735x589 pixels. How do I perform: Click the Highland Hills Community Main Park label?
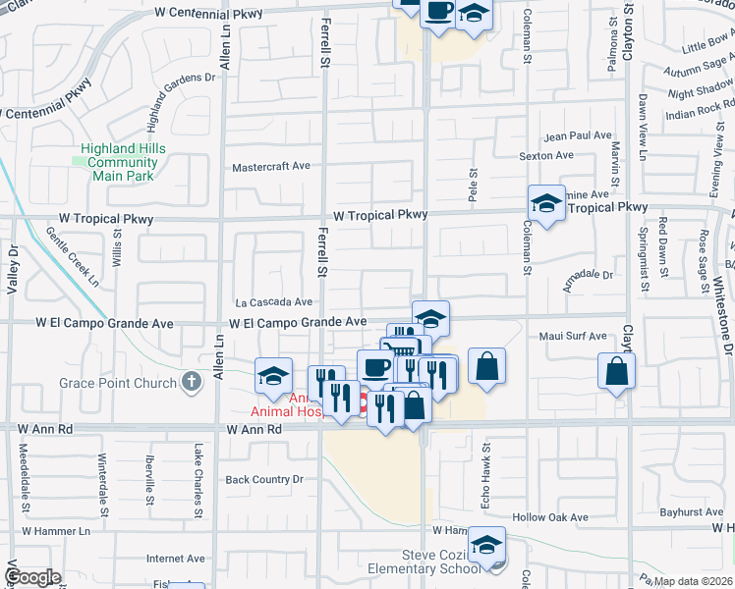point(123,162)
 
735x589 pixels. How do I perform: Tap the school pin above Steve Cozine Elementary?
point(486,544)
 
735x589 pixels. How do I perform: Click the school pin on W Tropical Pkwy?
point(546,203)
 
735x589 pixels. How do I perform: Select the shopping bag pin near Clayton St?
point(616,372)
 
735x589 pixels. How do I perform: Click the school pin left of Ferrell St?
point(273,376)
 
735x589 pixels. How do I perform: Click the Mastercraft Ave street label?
point(271,167)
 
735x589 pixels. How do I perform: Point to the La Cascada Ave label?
point(273,302)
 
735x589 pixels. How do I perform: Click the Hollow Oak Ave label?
point(549,517)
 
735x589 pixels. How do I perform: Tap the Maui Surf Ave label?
point(573,337)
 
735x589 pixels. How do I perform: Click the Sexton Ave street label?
point(546,155)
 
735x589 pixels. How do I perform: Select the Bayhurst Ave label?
point(692,512)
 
